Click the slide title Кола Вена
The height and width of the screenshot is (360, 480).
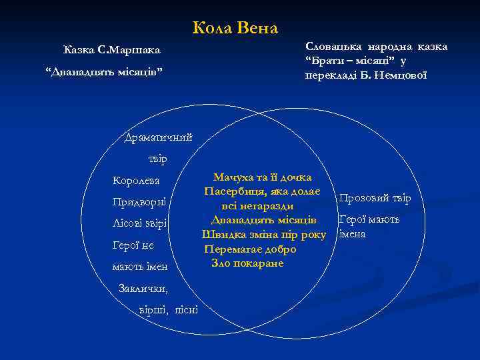235,28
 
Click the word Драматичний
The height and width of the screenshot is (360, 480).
159,137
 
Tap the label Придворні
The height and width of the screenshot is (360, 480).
139,201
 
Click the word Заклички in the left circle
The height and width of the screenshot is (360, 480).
143,289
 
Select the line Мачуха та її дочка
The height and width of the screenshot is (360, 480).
262,177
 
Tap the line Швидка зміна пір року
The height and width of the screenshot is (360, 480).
264,235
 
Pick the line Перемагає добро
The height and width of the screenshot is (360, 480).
250,249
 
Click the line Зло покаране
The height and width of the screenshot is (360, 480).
247,263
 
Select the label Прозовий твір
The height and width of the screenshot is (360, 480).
375,198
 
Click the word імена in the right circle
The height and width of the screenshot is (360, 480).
353,234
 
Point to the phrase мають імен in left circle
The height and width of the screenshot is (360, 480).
140,267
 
